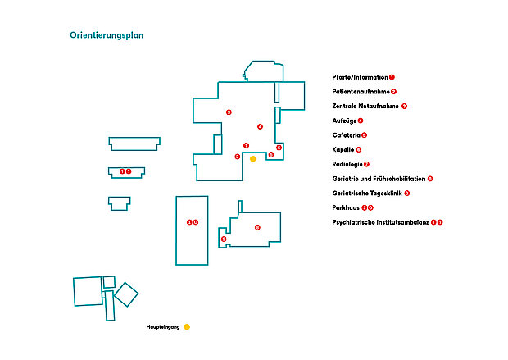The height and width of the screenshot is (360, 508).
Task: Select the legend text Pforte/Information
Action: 361,77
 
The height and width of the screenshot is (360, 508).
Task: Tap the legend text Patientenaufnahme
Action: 361,92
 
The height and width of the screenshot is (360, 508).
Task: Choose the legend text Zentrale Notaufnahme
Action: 365,107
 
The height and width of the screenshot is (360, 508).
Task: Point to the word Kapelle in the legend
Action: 343,150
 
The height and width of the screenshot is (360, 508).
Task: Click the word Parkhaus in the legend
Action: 346,208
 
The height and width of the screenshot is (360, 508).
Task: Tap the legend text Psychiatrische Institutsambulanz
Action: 380,222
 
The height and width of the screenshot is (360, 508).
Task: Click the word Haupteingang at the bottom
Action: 163,327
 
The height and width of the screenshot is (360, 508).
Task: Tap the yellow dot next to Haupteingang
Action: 187,327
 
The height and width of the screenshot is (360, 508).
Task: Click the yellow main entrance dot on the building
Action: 253,159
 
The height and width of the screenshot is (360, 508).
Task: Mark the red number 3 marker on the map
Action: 229,112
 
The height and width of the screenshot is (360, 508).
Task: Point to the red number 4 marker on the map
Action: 260,126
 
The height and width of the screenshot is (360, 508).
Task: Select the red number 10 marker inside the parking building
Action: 192,222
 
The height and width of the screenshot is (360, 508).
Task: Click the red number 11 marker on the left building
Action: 125,172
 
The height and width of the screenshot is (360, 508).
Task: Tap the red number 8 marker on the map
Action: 257,227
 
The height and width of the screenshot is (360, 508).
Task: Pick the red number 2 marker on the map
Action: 238,157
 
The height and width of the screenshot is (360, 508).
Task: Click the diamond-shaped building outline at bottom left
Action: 126,294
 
